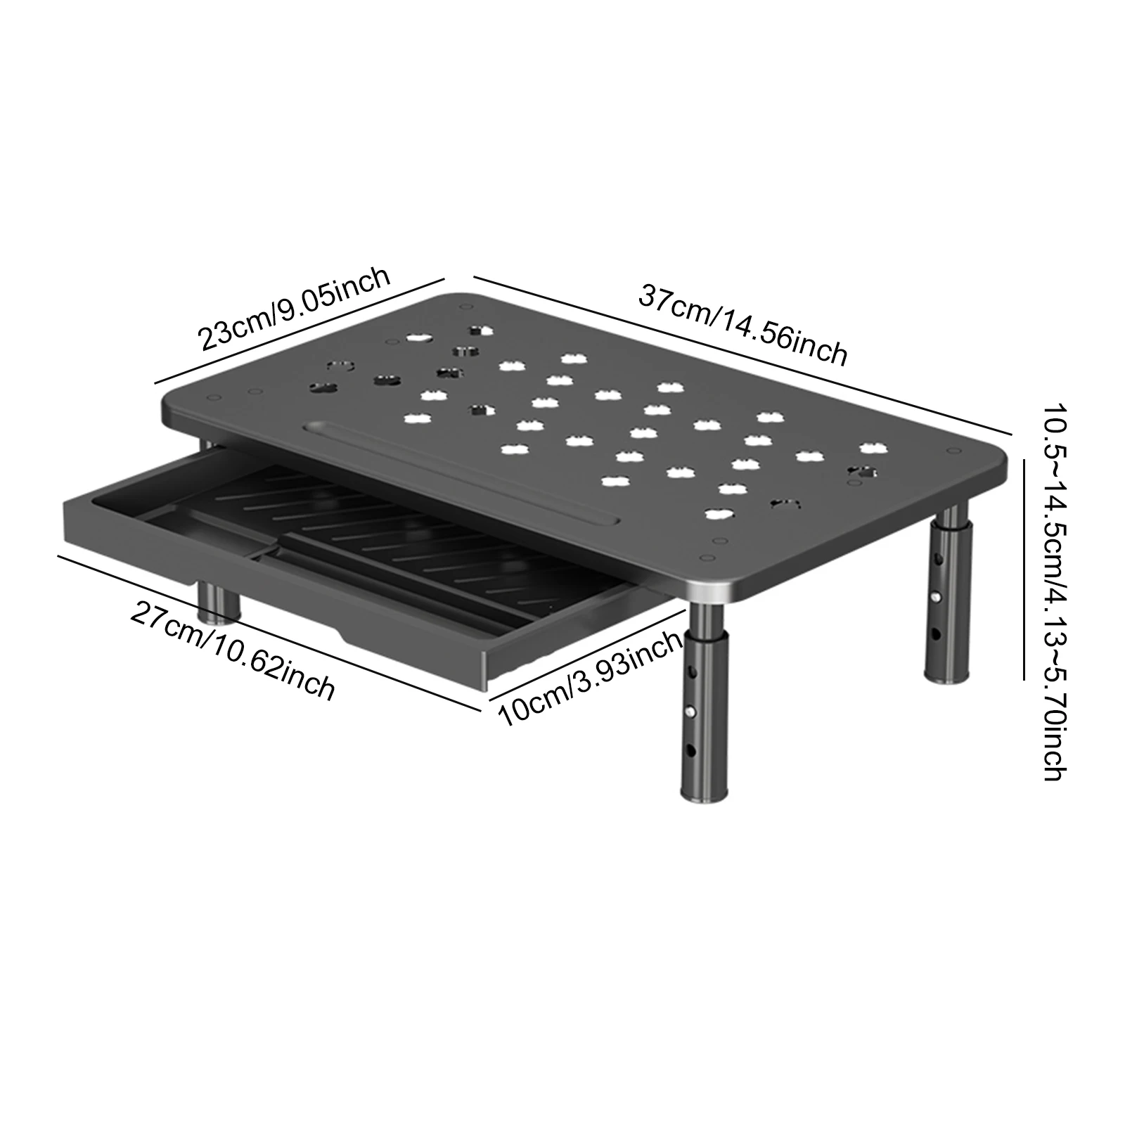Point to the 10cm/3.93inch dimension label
[591, 679]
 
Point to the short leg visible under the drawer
[217, 601]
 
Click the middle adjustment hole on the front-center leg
[692, 711]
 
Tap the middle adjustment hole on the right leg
[937, 596]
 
